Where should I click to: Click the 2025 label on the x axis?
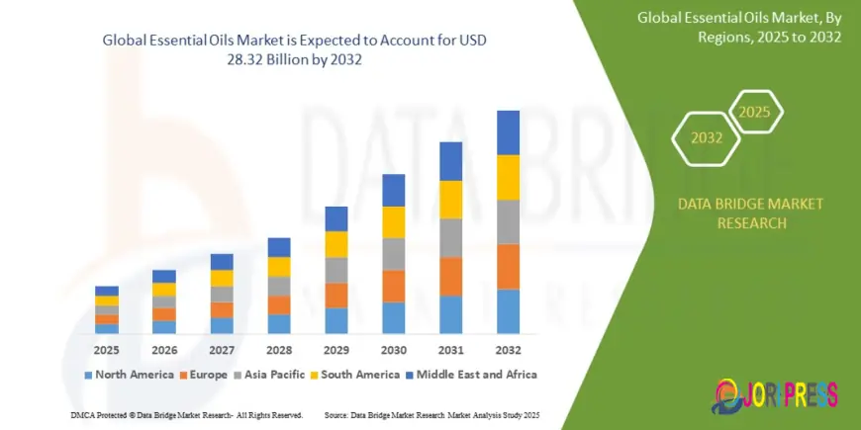107,350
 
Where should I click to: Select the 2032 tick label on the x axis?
508,350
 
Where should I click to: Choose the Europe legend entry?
202,375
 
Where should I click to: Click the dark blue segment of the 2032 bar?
508,132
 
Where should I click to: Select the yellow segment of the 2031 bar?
451,200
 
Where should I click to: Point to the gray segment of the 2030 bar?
394,254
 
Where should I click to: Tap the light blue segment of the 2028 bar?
279,323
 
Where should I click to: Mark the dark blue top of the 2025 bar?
107,291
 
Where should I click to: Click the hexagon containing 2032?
706,138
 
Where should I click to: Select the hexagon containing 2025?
754,112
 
